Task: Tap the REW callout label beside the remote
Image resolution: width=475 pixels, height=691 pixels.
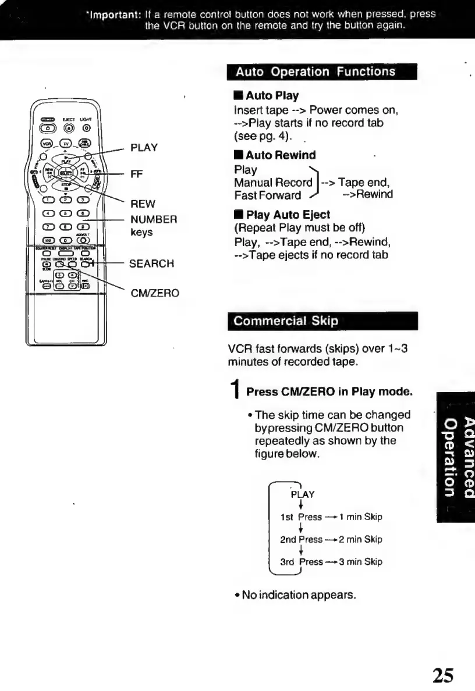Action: pos(142,204)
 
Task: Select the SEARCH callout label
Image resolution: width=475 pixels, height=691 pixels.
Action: pos(151,263)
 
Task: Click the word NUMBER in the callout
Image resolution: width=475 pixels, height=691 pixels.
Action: pos(153,219)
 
